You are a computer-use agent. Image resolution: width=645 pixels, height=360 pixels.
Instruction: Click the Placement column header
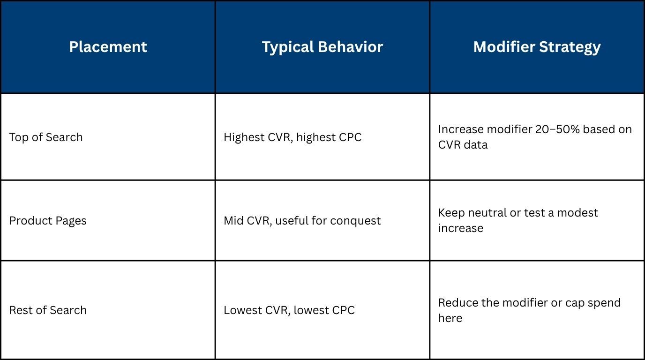(x=108, y=47)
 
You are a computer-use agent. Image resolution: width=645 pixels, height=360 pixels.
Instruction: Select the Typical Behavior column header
(x=322, y=47)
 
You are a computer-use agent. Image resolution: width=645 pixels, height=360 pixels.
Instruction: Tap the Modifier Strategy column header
(x=537, y=47)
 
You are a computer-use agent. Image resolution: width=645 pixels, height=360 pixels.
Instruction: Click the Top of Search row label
(x=46, y=137)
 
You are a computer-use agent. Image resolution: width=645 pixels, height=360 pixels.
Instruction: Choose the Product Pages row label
(x=48, y=221)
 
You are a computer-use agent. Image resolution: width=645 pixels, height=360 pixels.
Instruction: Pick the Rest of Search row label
(x=48, y=310)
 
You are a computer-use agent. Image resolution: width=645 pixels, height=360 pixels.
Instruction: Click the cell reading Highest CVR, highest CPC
(x=292, y=137)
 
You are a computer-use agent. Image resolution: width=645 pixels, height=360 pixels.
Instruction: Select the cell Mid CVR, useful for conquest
(x=302, y=221)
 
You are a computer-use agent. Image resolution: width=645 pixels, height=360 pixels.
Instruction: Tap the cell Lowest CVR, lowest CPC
(x=289, y=310)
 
